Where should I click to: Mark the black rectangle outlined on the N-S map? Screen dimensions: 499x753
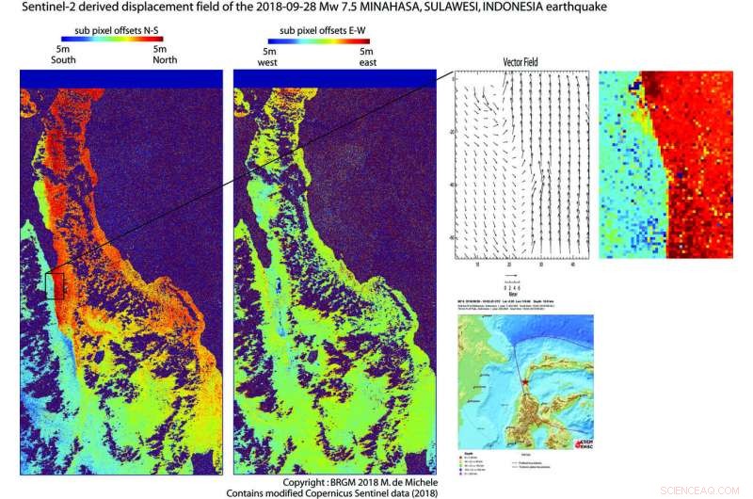pyautogui.click(x=56, y=285)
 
